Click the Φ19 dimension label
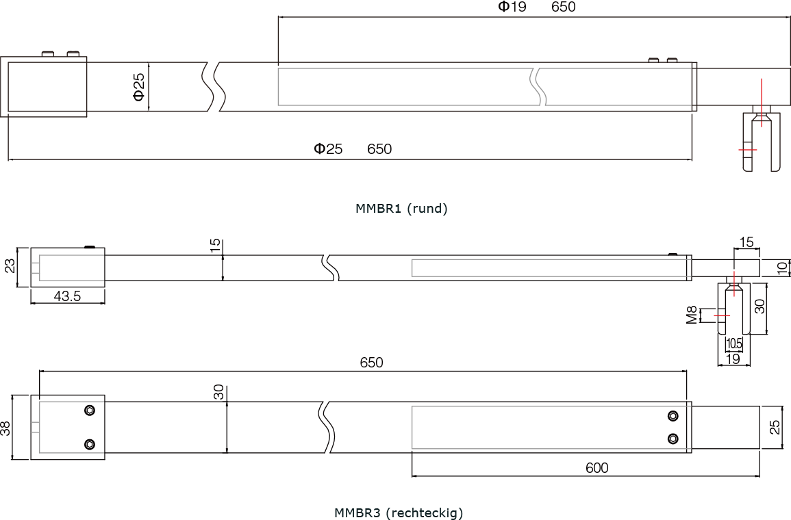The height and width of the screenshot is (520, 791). [512, 7]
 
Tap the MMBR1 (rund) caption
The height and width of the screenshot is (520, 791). [401, 208]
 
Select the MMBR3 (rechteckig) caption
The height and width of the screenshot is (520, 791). [399, 513]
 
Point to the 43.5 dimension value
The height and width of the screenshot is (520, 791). [67, 296]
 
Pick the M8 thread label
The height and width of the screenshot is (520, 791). [692, 315]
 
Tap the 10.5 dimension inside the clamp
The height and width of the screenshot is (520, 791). [734, 343]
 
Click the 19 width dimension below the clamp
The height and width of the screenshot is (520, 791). [733, 359]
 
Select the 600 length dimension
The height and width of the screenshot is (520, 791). [597, 467]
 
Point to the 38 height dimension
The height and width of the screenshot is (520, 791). [5, 428]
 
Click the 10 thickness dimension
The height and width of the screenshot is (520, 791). [782, 268]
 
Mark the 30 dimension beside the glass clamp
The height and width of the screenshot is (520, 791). [759, 306]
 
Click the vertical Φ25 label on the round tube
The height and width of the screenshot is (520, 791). [139, 87]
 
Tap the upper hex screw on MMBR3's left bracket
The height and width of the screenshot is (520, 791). [90, 410]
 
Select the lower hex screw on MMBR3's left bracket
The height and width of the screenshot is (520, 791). [90, 445]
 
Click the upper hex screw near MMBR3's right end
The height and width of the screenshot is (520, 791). [673, 416]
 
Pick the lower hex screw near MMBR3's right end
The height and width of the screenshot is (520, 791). [673, 439]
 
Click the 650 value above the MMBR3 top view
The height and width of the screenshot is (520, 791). [371, 363]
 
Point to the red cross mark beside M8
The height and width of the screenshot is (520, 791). [722, 315]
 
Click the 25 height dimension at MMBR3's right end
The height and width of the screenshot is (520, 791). [775, 427]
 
